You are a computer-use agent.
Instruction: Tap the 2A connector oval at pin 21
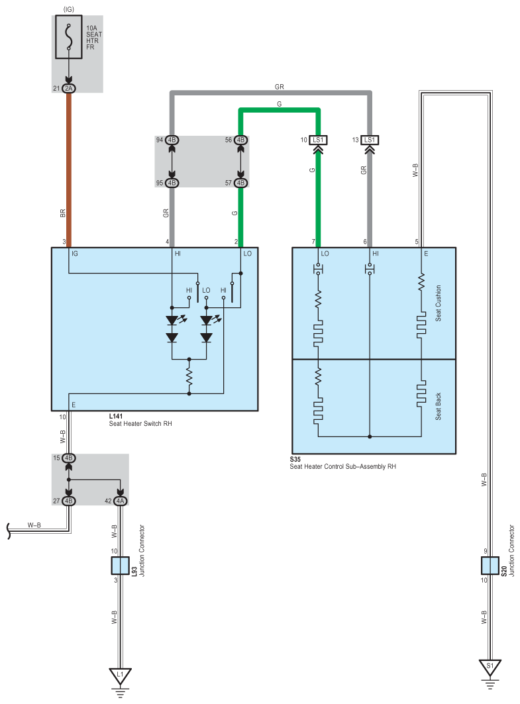tap(69, 89)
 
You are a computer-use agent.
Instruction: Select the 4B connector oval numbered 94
tap(172, 140)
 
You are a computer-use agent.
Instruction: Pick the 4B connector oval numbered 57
tap(240, 183)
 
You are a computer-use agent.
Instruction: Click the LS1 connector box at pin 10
tap(318, 140)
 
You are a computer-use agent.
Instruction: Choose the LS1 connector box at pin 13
tap(370, 140)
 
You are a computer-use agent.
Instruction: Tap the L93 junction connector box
tap(120, 566)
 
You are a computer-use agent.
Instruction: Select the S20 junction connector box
tap(490, 566)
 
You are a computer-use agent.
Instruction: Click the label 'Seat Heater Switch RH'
tap(140, 423)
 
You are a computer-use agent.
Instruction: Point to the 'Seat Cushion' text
tap(439, 303)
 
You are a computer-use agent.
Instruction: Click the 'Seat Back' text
tap(439, 407)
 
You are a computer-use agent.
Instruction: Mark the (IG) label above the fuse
tap(69, 9)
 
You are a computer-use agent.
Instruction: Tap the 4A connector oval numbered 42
tap(120, 501)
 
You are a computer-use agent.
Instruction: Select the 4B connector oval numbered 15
tap(69, 458)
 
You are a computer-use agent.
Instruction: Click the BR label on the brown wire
tap(62, 213)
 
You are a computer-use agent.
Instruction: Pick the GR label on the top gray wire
tap(280, 87)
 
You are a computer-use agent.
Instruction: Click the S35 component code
tap(295, 460)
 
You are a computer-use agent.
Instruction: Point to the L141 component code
tap(116, 416)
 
